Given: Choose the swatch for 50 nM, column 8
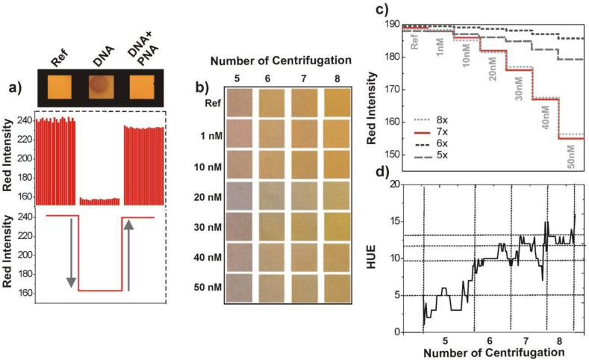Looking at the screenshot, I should [x=338, y=287].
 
